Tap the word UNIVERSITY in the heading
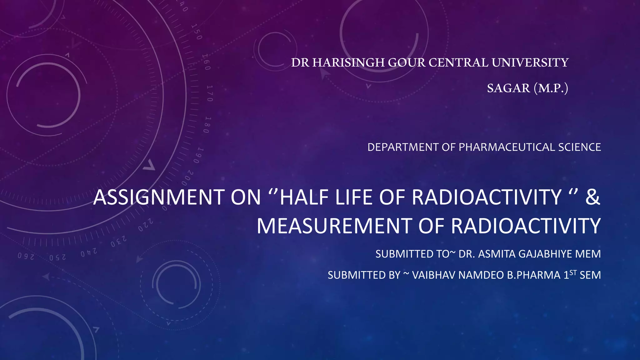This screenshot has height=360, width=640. click(x=530, y=63)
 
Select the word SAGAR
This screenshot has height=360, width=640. click(x=508, y=88)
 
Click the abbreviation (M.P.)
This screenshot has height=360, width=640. click(x=551, y=88)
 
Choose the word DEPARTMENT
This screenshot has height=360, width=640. click(x=403, y=147)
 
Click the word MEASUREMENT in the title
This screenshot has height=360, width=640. click(x=334, y=226)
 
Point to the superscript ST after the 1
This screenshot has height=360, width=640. click(x=573, y=272)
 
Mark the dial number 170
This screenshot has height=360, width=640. click(x=210, y=93)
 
